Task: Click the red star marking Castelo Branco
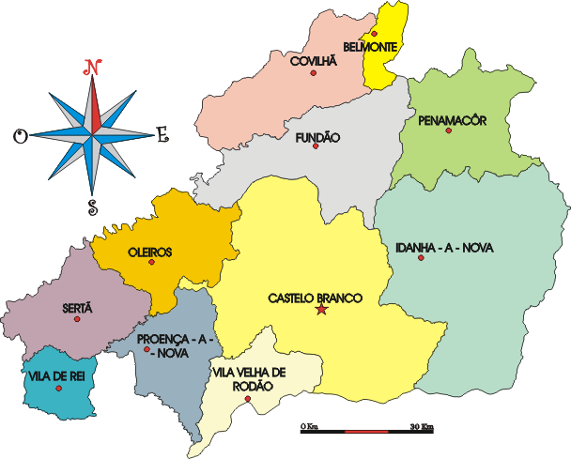point(321,310)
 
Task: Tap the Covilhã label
point(313,60)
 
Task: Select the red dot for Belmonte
point(374,34)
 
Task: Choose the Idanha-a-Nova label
point(444,248)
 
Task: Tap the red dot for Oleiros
point(151,263)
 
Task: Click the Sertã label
point(77,307)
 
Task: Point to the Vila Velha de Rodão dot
point(247,399)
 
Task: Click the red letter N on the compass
point(92,67)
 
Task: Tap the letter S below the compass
point(92,207)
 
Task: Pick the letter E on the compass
point(162,136)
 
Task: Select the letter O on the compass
point(20,137)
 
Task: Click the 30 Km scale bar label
point(422,428)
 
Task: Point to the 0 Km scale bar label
point(309,428)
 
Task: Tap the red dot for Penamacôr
point(449,131)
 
